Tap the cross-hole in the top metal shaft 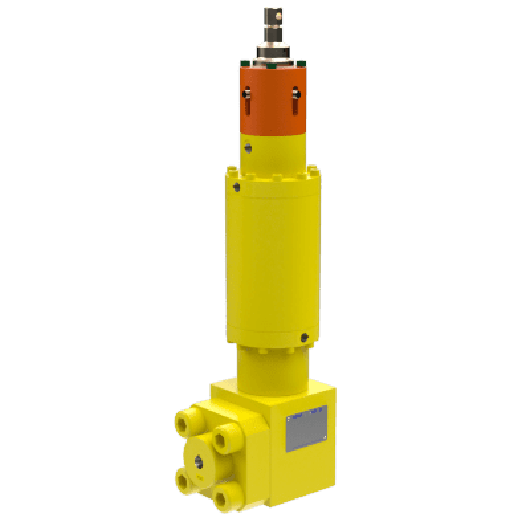273,13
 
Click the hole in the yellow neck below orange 248,148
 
